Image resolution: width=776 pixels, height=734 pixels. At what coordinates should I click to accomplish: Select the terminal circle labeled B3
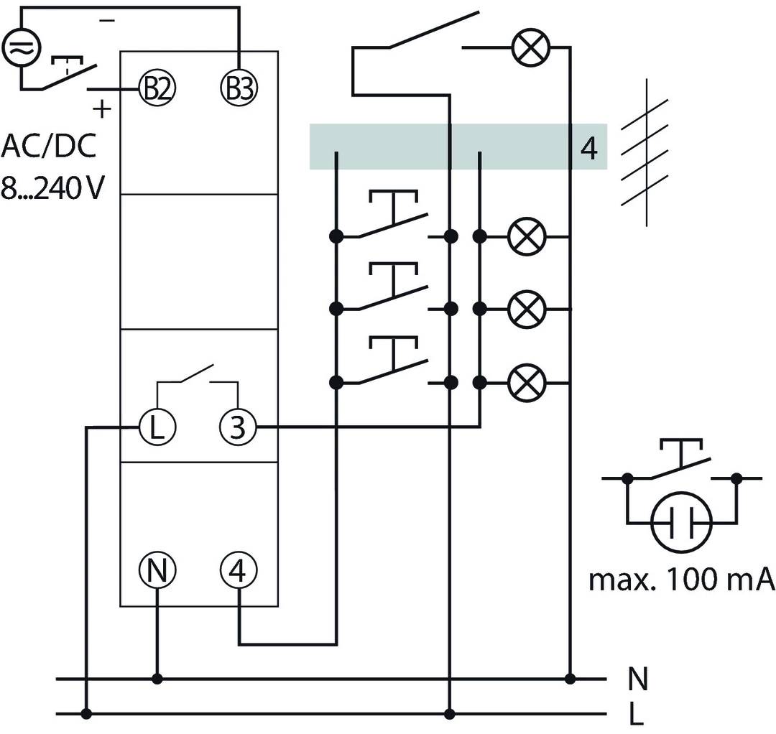click(237, 88)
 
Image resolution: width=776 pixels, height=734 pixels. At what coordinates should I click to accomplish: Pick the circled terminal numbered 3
click(237, 427)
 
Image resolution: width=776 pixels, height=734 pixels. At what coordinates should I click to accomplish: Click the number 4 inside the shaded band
click(588, 149)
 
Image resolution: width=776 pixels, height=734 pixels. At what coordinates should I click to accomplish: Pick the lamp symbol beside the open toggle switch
click(530, 48)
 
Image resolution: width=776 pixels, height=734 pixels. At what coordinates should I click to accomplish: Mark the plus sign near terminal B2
click(103, 110)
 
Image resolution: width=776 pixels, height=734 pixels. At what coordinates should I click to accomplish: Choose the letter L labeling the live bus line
click(636, 715)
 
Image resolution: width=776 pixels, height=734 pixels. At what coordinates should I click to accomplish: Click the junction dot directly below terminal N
click(157, 678)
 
